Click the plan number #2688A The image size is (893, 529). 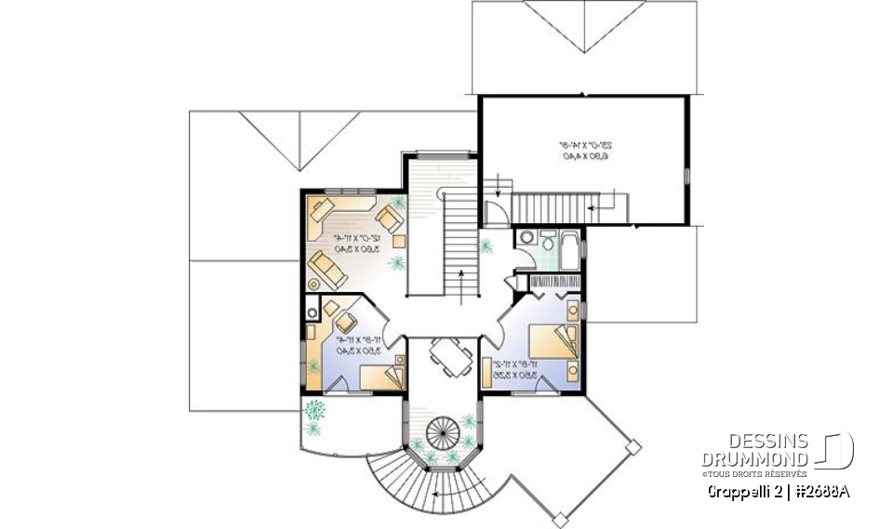click(x=821, y=491)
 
